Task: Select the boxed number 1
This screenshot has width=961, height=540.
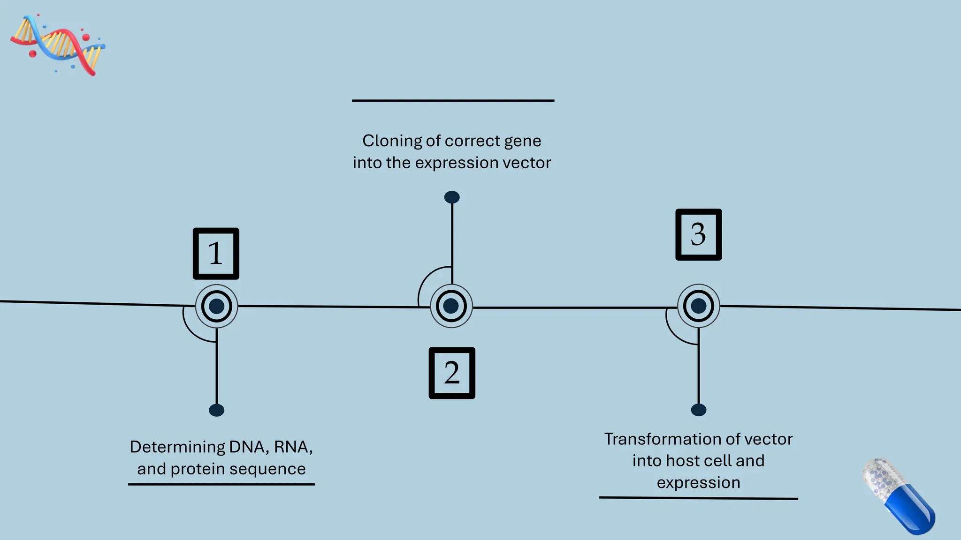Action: tap(216, 254)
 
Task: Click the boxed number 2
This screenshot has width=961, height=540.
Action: tap(452, 373)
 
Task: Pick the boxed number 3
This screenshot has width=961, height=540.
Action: tap(698, 234)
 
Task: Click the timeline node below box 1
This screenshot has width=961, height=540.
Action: tap(216, 306)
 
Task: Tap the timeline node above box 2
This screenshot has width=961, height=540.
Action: tap(451, 306)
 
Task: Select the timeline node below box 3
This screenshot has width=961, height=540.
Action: tap(698, 306)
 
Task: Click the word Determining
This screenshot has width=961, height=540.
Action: tap(177, 447)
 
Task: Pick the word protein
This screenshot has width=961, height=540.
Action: tap(198, 469)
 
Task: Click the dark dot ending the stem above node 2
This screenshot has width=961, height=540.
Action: tap(452, 197)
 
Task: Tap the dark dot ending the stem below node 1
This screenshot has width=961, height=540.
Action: tap(216, 410)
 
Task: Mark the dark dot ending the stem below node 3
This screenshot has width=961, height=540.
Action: tap(699, 410)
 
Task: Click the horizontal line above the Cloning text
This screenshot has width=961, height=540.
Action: tap(453, 100)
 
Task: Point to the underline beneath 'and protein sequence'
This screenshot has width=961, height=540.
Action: tap(221, 484)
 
